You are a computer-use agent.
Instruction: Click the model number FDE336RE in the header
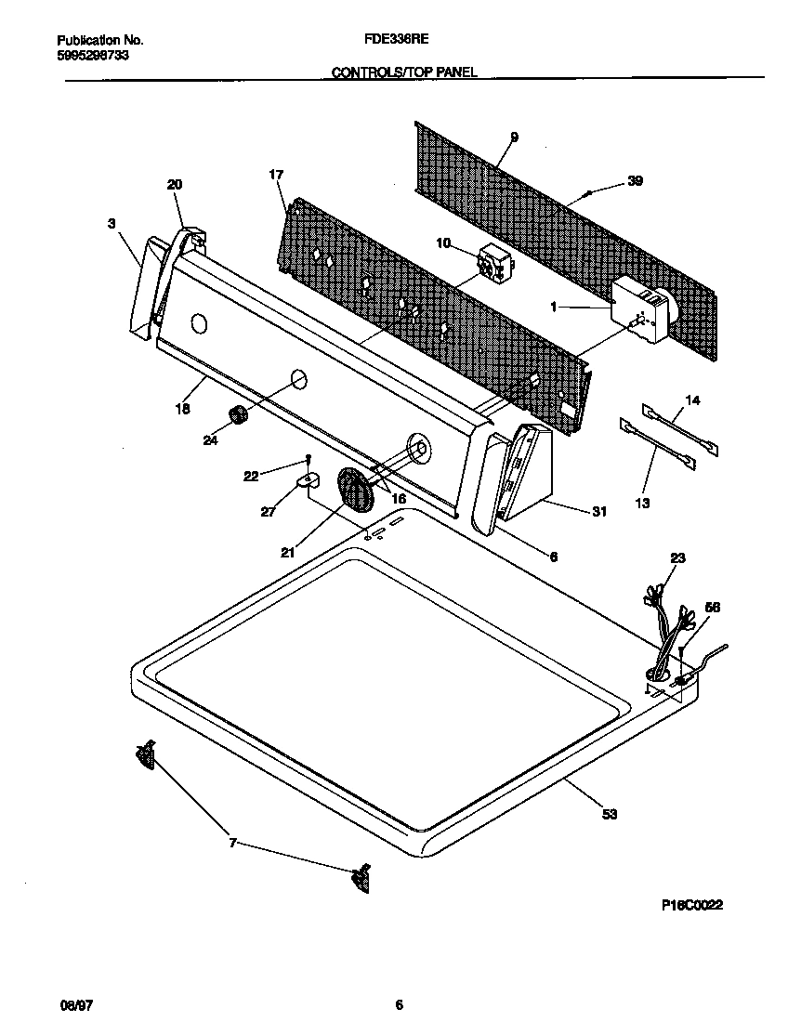402,40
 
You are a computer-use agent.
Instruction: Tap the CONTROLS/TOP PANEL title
404,72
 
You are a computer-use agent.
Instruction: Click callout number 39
635,181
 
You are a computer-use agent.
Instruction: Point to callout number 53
610,814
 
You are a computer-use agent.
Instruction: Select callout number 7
233,843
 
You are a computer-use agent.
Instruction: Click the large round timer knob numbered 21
355,489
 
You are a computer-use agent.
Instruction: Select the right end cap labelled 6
486,478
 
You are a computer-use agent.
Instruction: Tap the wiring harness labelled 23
667,632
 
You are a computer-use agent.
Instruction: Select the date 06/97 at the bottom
72,1004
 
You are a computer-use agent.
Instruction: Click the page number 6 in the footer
399,1004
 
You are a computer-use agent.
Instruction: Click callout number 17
276,175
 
